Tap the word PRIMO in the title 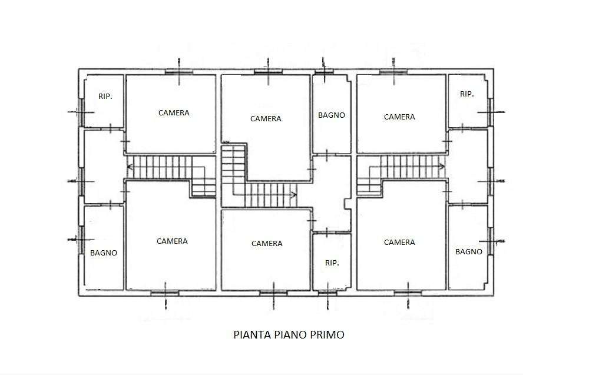[x=327, y=334]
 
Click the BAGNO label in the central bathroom [x=331, y=115]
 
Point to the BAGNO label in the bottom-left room [x=104, y=253]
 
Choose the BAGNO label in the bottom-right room [x=469, y=252]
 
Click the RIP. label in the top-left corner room [x=105, y=97]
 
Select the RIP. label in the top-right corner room [x=467, y=94]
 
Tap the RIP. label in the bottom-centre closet [x=332, y=263]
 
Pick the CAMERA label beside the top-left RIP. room [x=174, y=112]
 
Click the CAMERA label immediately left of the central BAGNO [x=266, y=118]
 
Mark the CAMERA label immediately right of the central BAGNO [x=399, y=117]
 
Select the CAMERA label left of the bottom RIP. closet [x=267, y=244]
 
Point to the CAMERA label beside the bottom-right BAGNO [x=399, y=243]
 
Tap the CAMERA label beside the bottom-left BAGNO [x=172, y=241]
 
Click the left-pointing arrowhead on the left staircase [x=130, y=167]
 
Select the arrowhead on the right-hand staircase [x=442, y=166]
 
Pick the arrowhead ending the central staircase [x=294, y=195]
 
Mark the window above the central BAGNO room [x=324, y=71]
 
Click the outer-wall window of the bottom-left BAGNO [x=80, y=240]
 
